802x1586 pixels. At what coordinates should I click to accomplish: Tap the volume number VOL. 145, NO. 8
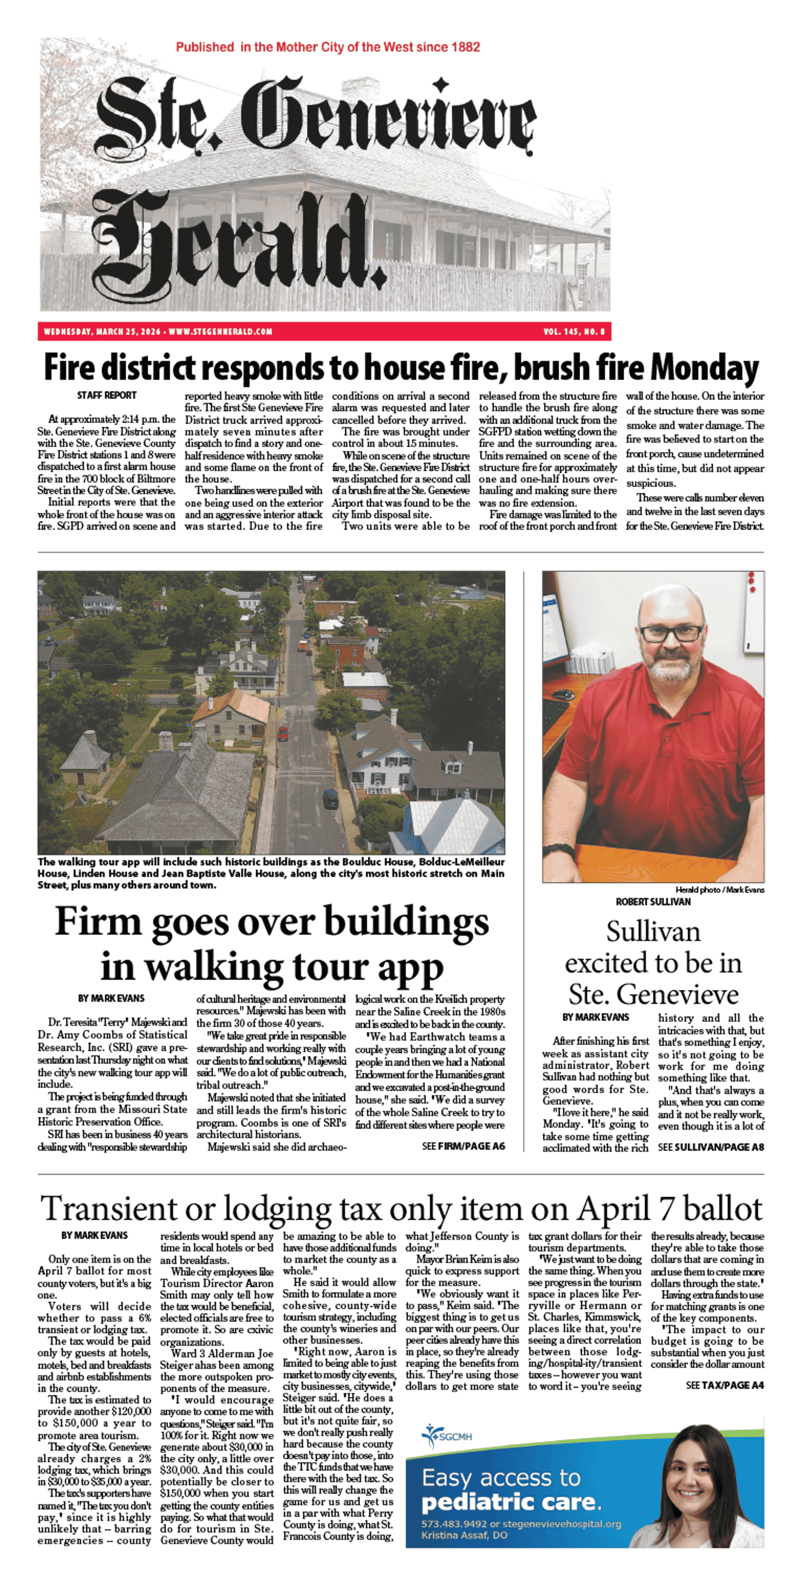pyautogui.click(x=574, y=332)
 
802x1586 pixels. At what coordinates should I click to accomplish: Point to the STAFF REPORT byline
pyautogui.click(x=107, y=395)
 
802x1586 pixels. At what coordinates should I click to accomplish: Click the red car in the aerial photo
pyautogui.click(x=283, y=733)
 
